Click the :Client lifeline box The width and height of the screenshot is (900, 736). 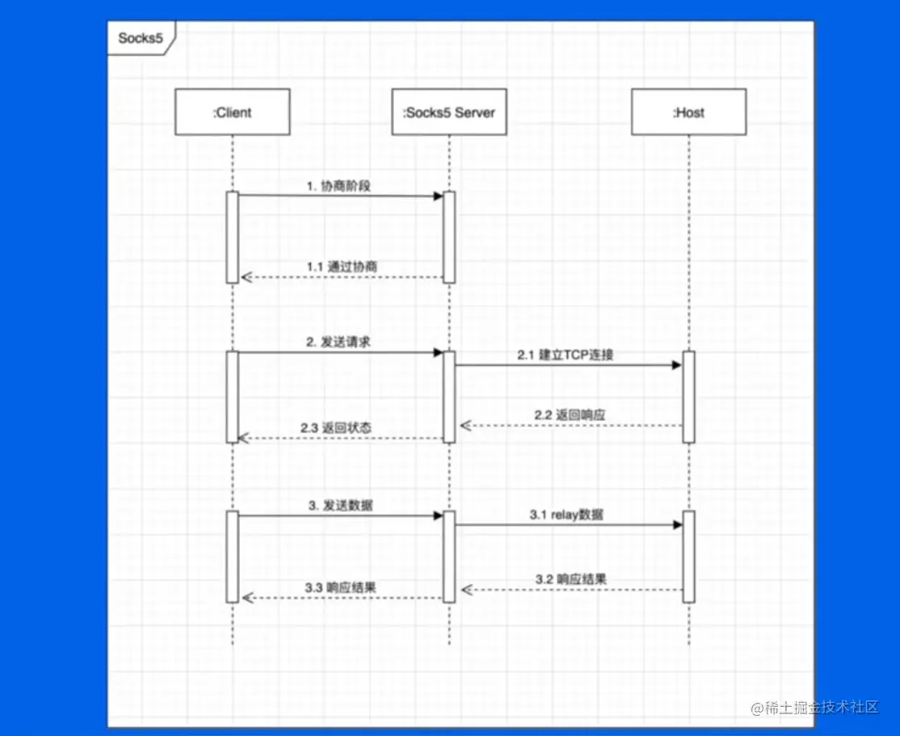(233, 112)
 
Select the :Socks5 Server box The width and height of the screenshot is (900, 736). (449, 112)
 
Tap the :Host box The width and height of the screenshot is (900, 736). (689, 112)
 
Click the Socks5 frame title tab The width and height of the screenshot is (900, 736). (141, 39)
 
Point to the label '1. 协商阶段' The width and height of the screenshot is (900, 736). (339, 186)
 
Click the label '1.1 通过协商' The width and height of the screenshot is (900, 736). (342, 267)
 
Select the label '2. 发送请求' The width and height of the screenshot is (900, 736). (339, 343)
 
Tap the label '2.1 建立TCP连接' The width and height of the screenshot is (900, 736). (566, 355)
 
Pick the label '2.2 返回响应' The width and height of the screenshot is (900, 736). (570, 414)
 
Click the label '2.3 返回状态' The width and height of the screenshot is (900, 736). (336, 427)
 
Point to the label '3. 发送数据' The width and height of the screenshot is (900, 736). (341, 505)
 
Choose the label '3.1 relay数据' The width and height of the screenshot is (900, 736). (566, 515)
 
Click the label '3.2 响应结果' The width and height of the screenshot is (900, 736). (571, 578)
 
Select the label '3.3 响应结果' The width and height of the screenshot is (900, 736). (341, 587)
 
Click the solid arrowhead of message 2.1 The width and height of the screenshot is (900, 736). (677, 365)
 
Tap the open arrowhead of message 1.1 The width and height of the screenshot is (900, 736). (246, 277)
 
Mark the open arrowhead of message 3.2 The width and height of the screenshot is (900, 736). (467, 590)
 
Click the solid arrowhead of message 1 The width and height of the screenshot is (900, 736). (438, 196)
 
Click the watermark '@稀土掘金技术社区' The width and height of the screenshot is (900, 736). (814, 707)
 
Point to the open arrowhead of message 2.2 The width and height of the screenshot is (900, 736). (465, 426)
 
